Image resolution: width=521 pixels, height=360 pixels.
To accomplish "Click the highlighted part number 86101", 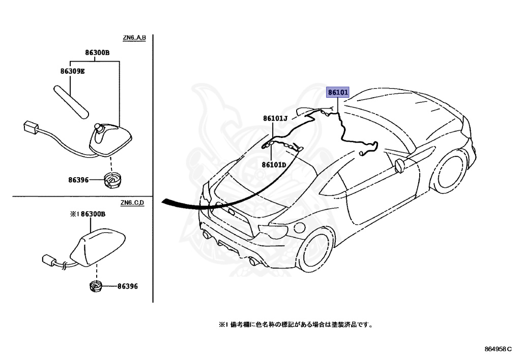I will [x=338, y=93].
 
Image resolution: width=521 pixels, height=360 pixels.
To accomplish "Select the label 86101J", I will [x=275, y=119].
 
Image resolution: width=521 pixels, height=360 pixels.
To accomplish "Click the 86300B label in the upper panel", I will [x=97, y=52].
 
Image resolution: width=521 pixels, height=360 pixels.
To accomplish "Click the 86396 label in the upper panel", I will [x=79, y=180].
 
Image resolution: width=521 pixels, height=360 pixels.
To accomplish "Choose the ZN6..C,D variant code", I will [x=133, y=203].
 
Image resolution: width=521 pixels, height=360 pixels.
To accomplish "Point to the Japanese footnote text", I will [x=296, y=324].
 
